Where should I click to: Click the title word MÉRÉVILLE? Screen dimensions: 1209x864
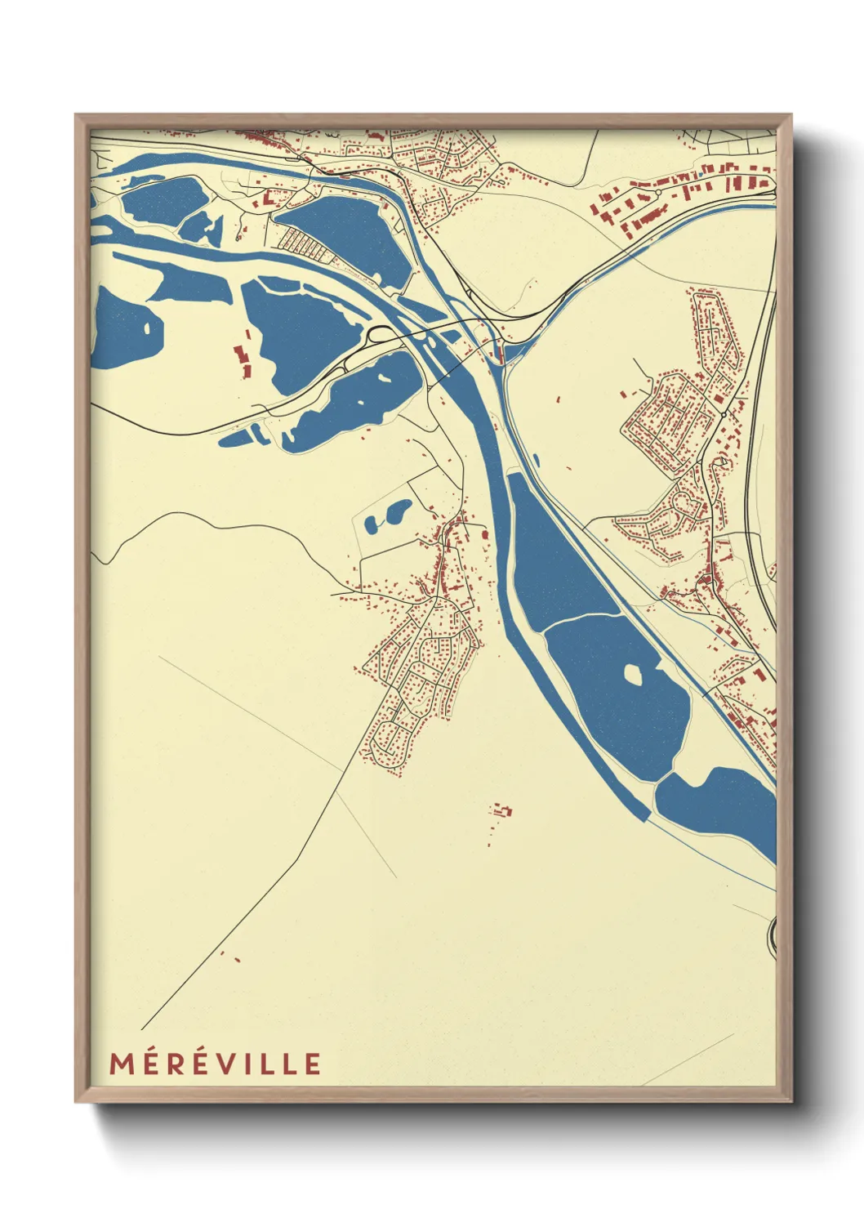click(x=216, y=1064)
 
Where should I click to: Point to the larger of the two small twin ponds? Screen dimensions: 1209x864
click(x=399, y=512)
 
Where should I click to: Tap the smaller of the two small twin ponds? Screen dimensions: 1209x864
click(x=372, y=524)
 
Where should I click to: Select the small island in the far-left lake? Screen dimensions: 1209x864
click(x=147, y=328)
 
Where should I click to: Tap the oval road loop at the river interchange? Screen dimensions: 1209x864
click(x=380, y=333)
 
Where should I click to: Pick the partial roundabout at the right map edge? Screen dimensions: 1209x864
click(x=773, y=934)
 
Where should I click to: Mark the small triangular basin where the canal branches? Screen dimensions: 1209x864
click(x=514, y=352)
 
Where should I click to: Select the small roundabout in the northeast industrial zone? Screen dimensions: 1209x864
click(x=658, y=192)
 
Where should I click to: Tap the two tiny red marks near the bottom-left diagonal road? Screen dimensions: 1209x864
click(x=229, y=957)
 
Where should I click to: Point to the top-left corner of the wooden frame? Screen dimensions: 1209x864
click(x=77, y=116)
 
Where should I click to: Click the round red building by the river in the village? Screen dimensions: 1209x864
click(x=485, y=534)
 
